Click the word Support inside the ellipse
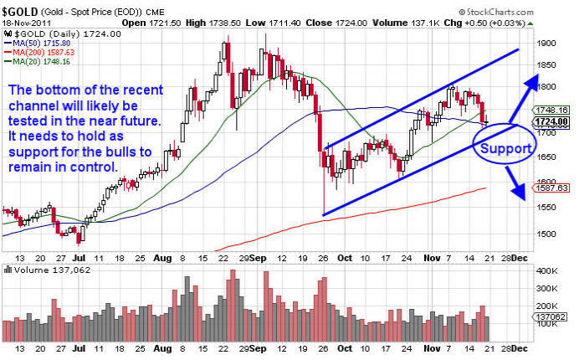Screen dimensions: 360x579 click(503, 149)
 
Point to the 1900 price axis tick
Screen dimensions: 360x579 click(548, 42)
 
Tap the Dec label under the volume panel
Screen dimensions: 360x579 click(519, 347)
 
